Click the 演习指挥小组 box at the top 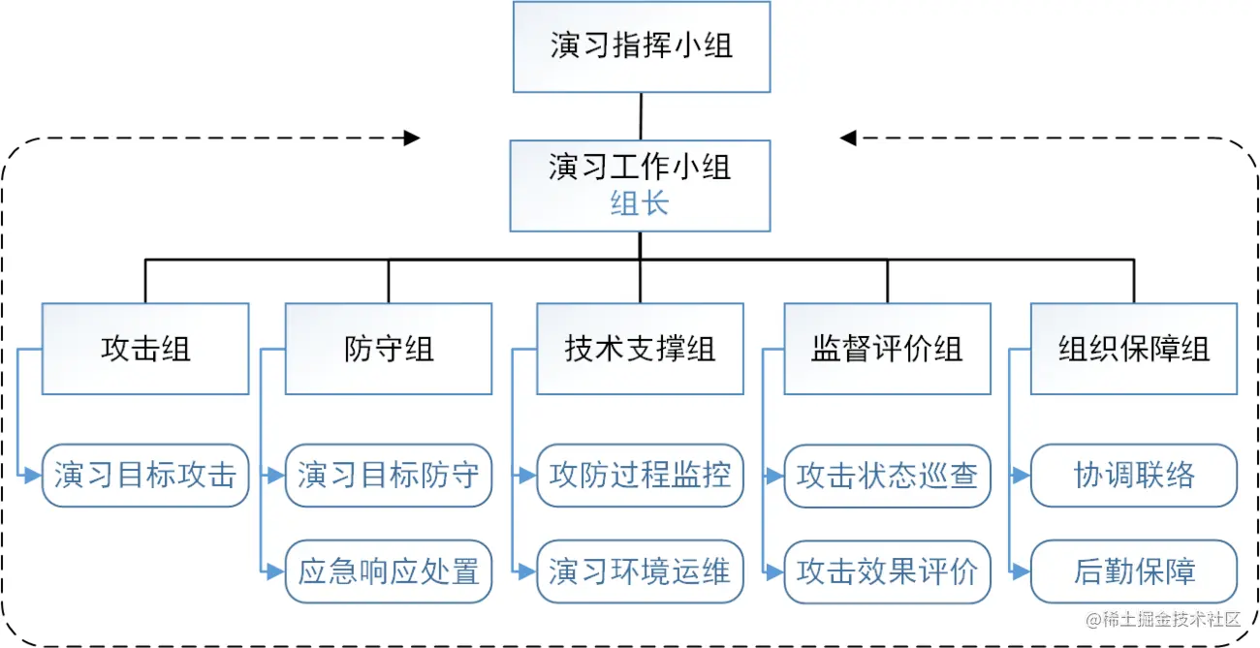tap(641, 46)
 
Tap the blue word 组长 tap(640, 203)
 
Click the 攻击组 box tap(145, 349)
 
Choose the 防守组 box tap(389, 349)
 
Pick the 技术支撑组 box tap(640, 349)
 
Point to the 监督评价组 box tap(887, 349)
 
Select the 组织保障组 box tap(1133, 349)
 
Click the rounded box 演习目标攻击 tap(145, 476)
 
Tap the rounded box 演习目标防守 tap(389, 476)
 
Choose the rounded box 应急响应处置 tap(389, 571)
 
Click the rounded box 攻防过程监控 tap(640, 476)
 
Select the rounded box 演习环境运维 tap(640, 571)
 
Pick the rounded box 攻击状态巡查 tap(887, 476)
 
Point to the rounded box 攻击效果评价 tap(887, 571)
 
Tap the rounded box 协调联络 tap(1133, 476)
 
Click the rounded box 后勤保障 tap(1133, 571)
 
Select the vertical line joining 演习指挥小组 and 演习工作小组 tap(641, 115)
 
